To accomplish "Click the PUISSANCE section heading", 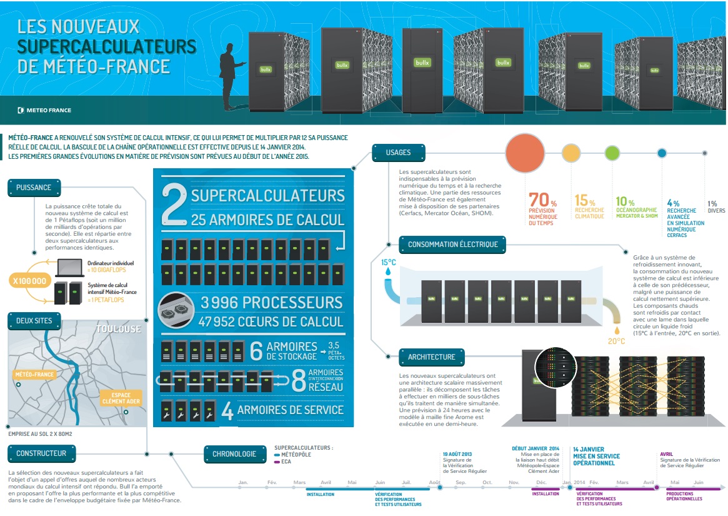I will (34, 187).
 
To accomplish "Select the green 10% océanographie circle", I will (612, 153).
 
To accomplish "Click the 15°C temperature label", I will (389, 262).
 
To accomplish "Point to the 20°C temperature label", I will (616, 341).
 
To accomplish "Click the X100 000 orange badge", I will (29, 281).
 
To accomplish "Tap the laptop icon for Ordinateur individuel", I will (69, 268).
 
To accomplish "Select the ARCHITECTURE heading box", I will (432, 357).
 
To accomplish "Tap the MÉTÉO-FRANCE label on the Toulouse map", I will (34, 375).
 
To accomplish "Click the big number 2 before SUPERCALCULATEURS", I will (173, 204).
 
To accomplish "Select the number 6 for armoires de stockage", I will (256, 351).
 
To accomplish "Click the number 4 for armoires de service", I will (227, 411).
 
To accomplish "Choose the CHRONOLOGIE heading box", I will (234, 454).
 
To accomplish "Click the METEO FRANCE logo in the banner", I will (44, 110).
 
